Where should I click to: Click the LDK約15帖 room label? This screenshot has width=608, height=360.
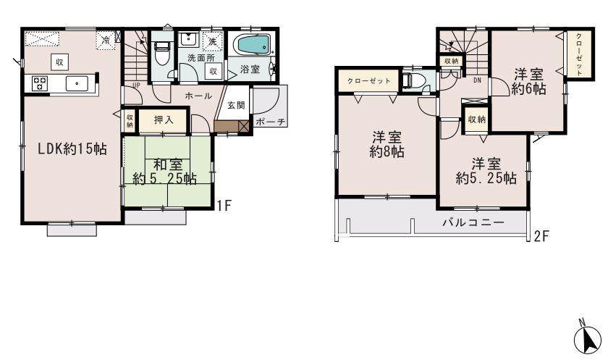point(72,149)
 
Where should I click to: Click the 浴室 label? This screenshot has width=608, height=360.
point(250,70)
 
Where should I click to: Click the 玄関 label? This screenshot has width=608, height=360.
point(236,105)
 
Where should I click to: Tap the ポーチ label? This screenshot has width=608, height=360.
point(269,122)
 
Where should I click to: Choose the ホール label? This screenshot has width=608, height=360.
point(198,96)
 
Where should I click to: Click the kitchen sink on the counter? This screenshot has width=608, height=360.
point(76,83)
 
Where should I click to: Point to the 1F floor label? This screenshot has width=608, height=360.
point(224,205)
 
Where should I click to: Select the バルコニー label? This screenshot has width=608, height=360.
point(473,222)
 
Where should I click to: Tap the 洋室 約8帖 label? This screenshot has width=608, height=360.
point(387,145)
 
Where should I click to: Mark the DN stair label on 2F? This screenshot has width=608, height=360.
point(478,80)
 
